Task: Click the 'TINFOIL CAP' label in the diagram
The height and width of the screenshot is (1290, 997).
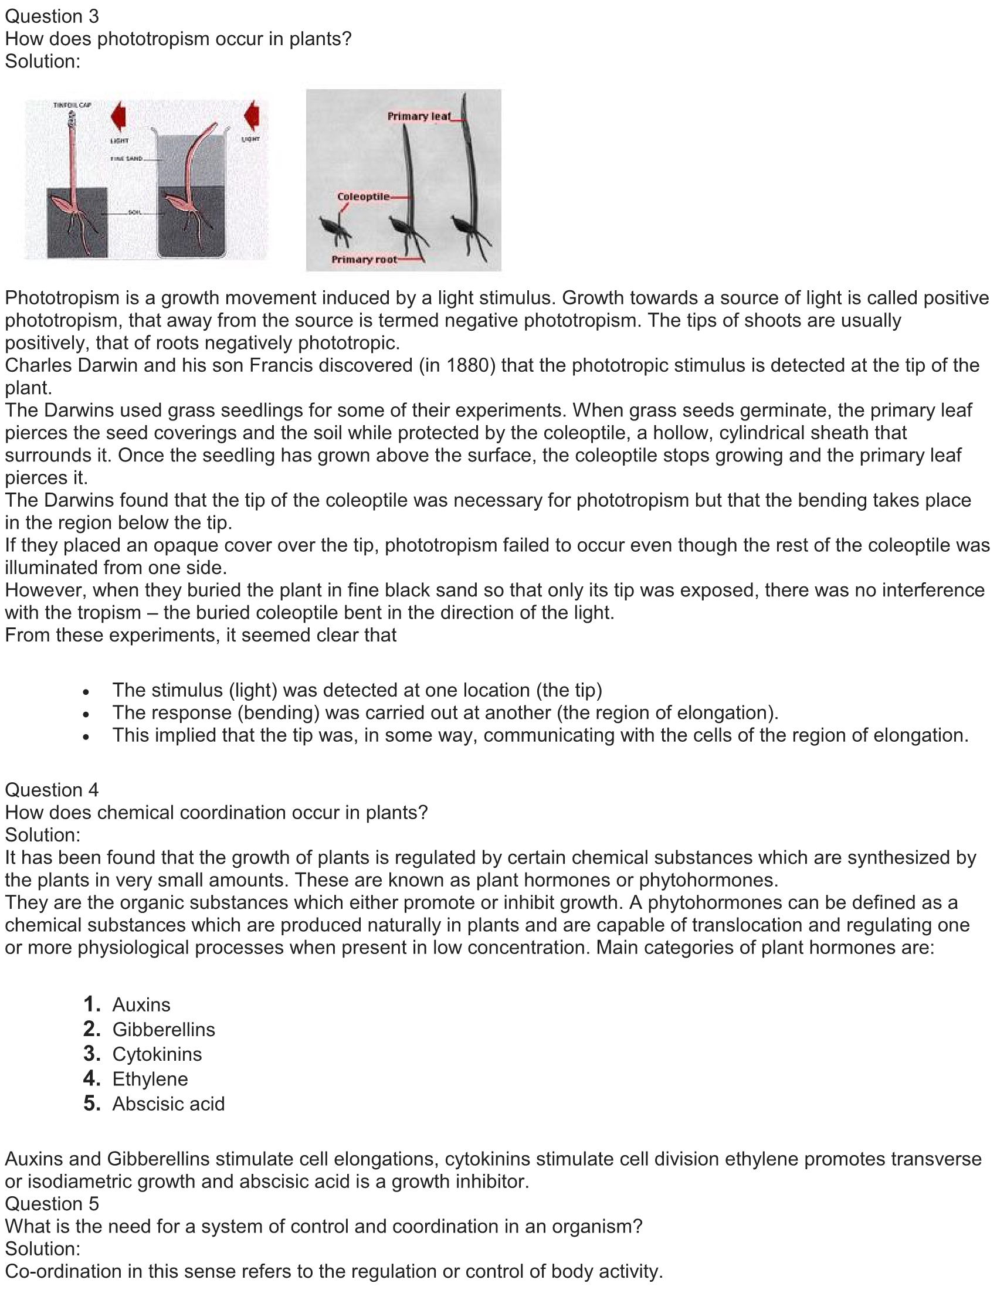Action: pos(72,105)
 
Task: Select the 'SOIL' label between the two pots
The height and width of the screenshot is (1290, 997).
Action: pos(135,212)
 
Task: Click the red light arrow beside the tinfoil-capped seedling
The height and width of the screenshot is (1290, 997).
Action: pos(118,116)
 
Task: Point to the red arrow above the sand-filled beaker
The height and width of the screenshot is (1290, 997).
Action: pos(252,114)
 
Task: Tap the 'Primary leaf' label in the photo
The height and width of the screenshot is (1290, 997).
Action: pos(419,116)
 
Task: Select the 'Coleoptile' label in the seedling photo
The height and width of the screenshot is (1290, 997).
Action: pos(363,196)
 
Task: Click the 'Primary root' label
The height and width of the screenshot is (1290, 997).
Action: pos(364,260)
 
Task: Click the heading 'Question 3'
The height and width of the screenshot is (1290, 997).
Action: pos(52,16)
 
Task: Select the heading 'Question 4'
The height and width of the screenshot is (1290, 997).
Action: pos(52,790)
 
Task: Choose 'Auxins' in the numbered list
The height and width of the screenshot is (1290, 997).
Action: pos(141,1004)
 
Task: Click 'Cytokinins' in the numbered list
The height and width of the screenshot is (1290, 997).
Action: pos(157,1054)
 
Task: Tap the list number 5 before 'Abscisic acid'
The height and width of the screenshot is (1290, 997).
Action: pos(91,1103)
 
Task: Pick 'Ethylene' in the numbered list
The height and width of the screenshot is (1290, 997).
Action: pos(150,1079)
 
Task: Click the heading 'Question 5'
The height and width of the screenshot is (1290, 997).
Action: pos(52,1204)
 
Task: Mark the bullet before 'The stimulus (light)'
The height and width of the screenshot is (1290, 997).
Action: pos(86,692)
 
